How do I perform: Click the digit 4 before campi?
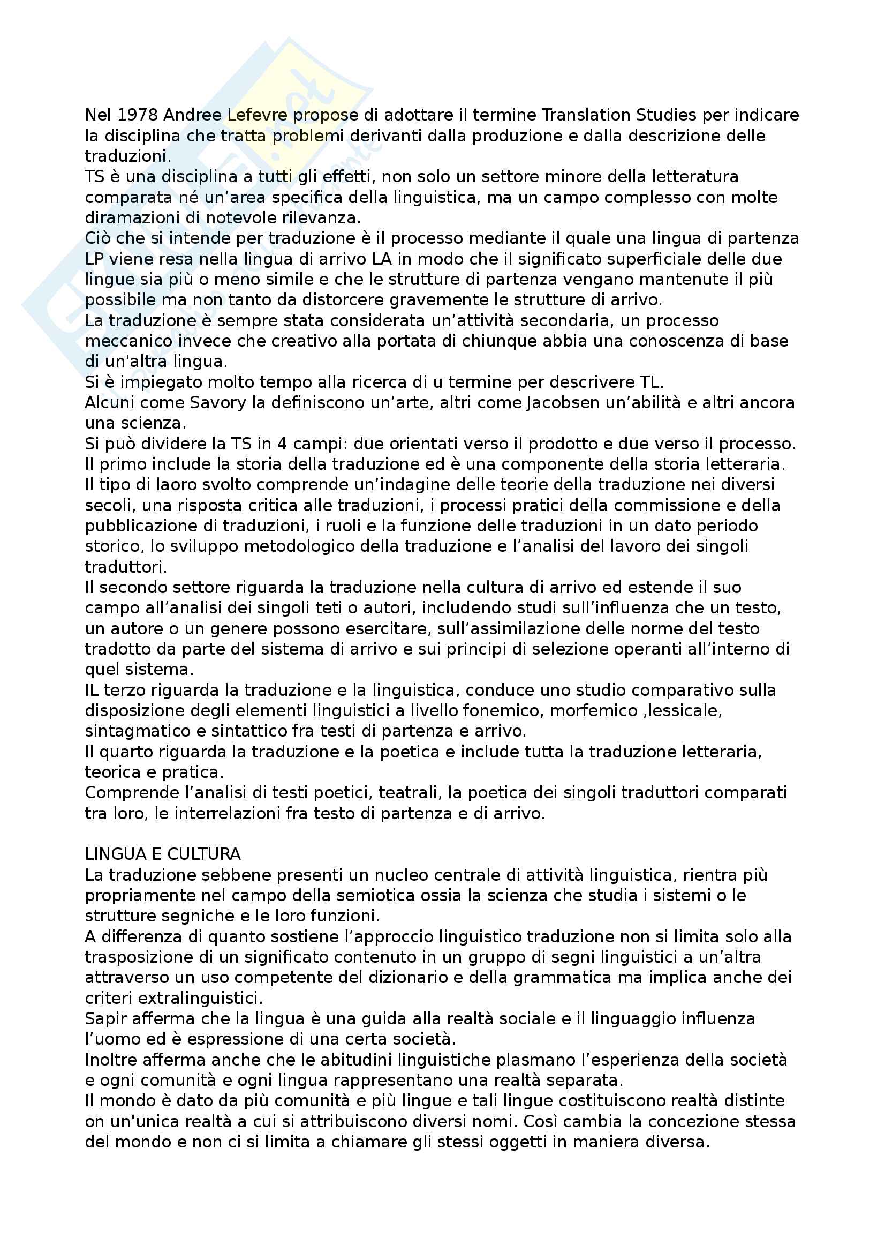(x=282, y=444)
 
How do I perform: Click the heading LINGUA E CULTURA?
(x=163, y=854)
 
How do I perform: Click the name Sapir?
(x=104, y=1019)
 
